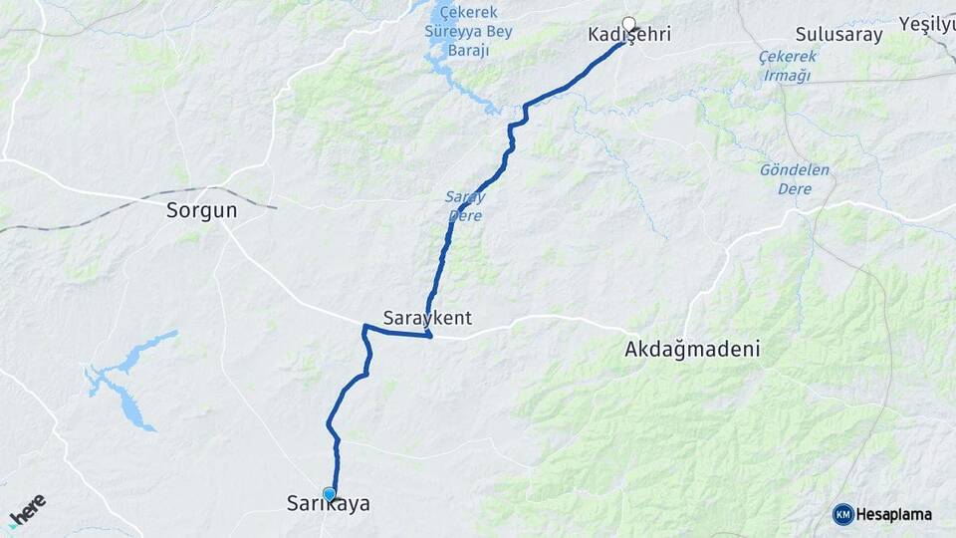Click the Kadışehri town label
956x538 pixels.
pyautogui.click(x=629, y=35)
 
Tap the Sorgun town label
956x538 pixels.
pyautogui.click(x=202, y=211)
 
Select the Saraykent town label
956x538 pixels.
pyautogui.click(x=427, y=319)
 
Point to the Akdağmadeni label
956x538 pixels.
pyautogui.click(x=692, y=350)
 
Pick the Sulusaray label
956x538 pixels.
pyautogui.click(x=838, y=35)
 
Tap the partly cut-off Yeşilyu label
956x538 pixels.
pyautogui.click(x=926, y=23)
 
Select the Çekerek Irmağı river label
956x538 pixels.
pyautogui.click(x=784, y=67)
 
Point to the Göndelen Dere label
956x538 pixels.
pyautogui.click(x=794, y=177)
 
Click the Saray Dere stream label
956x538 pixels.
pyautogui.click(x=464, y=205)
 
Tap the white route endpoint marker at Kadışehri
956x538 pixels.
pyautogui.click(x=628, y=24)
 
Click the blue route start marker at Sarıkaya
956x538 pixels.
pyautogui.click(x=330, y=493)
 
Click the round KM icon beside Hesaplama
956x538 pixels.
pyautogui.click(x=842, y=514)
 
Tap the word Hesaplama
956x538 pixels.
pyautogui.click(x=894, y=514)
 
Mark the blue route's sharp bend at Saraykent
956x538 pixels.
pyautogui.click(x=429, y=336)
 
